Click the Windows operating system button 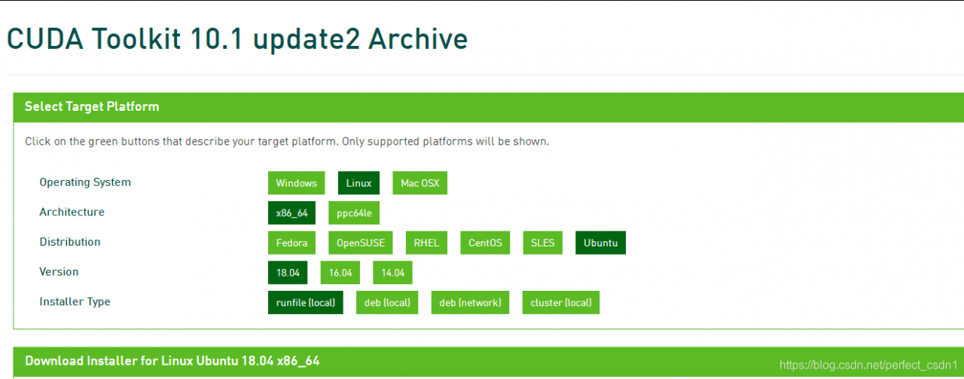pyautogui.click(x=296, y=183)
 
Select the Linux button pyautogui.click(x=358, y=183)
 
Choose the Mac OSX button pyautogui.click(x=419, y=183)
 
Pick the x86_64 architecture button pyautogui.click(x=291, y=212)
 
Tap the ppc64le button pyautogui.click(x=354, y=212)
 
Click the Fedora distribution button pyautogui.click(x=291, y=243)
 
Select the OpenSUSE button pyautogui.click(x=360, y=243)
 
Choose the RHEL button pyautogui.click(x=426, y=243)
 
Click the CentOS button pyautogui.click(x=485, y=243)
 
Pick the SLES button pyautogui.click(x=542, y=243)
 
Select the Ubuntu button pyautogui.click(x=600, y=243)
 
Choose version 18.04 pyautogui.click(x=288, y=273)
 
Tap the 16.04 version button pyautogui.click(x=340, y=273)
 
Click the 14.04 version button pyautogui.click(x=392, y=273)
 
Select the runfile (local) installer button pyautogui.click(x=305, y=302)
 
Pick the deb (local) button pyautogui.click(x=387, y=302)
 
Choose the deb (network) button pyautogui.click(x=470, y=302)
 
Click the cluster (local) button pyautogui.click(x=561, y=302)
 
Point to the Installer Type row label pyautogui.click(x=75, y=302)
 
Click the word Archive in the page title pyautogui.click(x=418, y=39)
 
